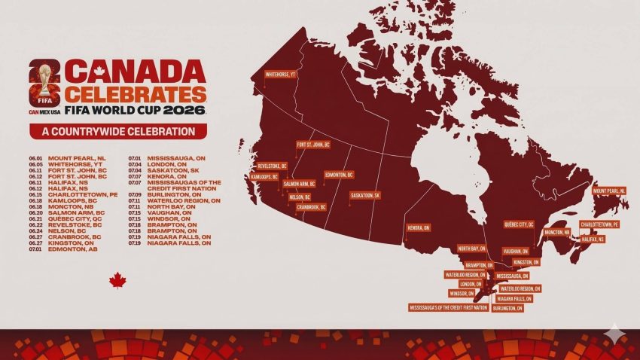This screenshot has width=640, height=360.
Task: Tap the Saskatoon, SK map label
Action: (365, 195)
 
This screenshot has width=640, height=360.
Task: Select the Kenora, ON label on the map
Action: (418, 227)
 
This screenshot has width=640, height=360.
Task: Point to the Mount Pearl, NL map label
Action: (609, 191)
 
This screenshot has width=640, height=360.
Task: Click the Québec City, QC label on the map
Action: (520, 224)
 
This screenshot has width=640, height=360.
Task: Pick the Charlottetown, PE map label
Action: (599, 224)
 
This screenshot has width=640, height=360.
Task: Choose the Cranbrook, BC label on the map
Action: (310, 207)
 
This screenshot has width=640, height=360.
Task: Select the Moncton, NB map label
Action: (558, 232)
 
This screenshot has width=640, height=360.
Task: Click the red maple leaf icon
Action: (117, 280)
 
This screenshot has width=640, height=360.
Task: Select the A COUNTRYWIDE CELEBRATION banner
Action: (118, 131)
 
